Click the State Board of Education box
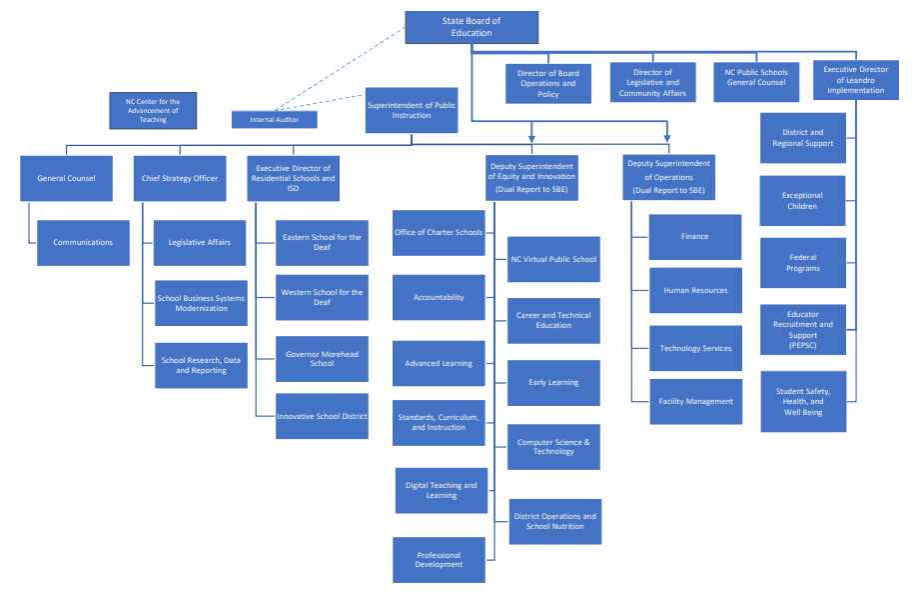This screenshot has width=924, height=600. [x=470, y=27]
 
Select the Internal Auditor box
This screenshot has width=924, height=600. [x=274, y=119]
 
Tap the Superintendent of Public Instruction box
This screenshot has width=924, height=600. [x=411, y=110]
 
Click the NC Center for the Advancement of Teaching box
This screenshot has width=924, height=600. [x=152, y=110]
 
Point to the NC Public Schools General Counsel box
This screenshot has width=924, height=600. [x=756, y=77]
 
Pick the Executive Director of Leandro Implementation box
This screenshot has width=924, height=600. [x=855, y=80]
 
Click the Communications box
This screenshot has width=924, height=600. [x=83, y=242]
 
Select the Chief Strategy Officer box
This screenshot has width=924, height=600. [x=180, y=178]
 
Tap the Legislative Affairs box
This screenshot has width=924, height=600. [x=200, y=242]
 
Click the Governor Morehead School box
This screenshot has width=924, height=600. [x=322, y=359]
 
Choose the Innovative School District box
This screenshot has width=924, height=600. [x=322, y=416]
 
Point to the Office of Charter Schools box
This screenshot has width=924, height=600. [x=439, y=232]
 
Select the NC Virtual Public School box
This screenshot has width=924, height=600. [x=553, y=259]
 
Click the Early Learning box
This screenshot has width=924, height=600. [x=553, y=382]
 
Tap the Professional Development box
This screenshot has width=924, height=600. [x=439, y=560]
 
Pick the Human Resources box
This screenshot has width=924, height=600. [x=695, y=290]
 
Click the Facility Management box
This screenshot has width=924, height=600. [x=695, y=401]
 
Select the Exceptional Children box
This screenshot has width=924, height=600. [x=802, y=201]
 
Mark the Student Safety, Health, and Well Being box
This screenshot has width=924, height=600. [x=802, y=401]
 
